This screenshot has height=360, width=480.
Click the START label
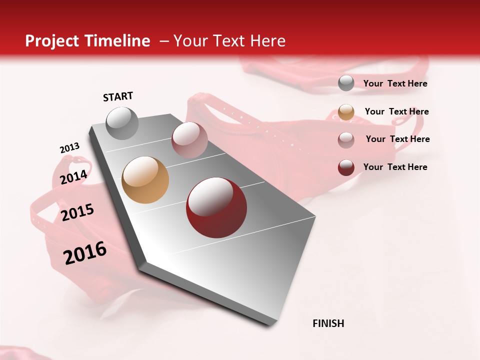118,96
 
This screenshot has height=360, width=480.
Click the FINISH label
328,323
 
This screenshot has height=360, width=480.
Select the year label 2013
69,148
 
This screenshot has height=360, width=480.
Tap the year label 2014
74,177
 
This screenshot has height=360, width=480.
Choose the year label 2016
85,253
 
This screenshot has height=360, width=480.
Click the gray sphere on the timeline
122,123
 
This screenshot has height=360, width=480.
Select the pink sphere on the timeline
189,139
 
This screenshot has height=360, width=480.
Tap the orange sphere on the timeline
145,180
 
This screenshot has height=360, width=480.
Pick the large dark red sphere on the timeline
216,207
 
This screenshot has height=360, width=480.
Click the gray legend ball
346,83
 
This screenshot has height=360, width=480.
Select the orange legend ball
346,112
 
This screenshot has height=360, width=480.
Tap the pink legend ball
346,139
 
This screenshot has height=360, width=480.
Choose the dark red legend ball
346,167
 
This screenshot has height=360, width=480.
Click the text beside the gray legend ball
395,84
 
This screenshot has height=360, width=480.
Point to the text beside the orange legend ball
396,111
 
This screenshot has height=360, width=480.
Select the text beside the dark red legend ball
395,167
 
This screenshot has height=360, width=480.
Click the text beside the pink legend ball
397,139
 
